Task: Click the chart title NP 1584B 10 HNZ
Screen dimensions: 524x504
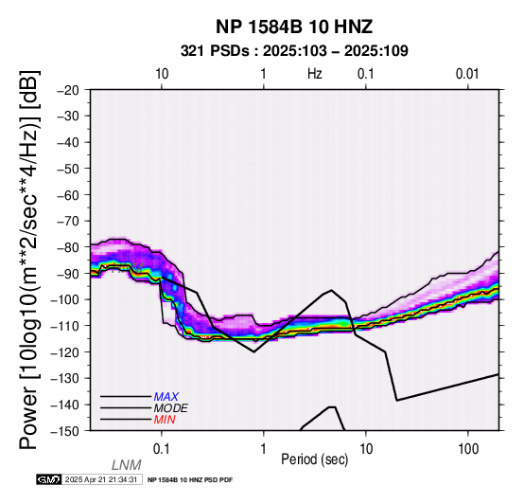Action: pos(294,27)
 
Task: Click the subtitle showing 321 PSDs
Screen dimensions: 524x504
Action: pos(294,51)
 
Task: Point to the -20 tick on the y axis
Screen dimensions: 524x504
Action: pos(68,90)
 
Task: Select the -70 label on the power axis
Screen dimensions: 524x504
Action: pos(68,222)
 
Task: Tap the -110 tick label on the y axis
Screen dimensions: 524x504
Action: pos(65,326)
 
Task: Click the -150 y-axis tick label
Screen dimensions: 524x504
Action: pos(65,431)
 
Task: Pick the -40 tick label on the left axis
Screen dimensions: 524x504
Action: pos(68,142)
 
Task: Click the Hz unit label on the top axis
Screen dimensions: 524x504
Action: pos(314,74)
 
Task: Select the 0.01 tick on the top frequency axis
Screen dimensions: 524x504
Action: pos(467,74)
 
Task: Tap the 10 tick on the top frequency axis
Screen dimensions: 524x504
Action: pos(162,74)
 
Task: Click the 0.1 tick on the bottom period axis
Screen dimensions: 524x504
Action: pos(162,449)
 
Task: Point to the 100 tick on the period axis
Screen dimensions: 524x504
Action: pos(468,449)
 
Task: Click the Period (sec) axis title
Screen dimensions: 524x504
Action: pos(314,459)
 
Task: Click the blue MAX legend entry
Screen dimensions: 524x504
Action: pos(166,397)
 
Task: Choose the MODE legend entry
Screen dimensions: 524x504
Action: pos(171,408)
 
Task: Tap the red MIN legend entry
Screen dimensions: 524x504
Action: pos(165,420)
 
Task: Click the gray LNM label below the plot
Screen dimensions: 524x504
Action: pos(127,465)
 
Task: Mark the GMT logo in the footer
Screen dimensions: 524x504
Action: pos(49,479)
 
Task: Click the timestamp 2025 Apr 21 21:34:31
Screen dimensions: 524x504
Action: pos(101,479)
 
